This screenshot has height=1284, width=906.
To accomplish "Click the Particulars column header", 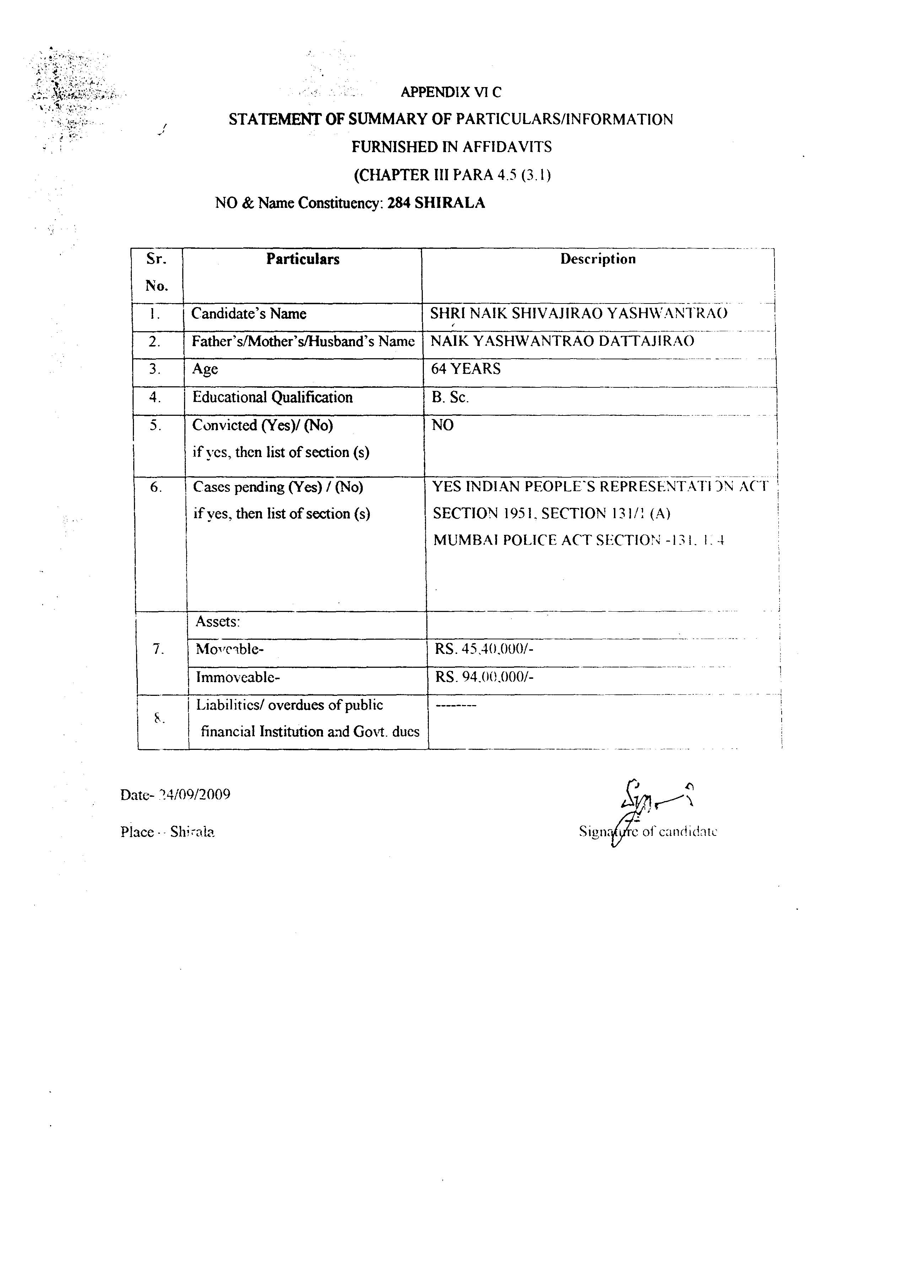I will [303, 259].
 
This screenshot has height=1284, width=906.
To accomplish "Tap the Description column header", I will [598, 259].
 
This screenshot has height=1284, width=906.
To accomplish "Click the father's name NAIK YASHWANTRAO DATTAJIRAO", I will [562, 341].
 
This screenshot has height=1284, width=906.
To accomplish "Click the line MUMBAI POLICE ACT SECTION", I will [579, 540].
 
